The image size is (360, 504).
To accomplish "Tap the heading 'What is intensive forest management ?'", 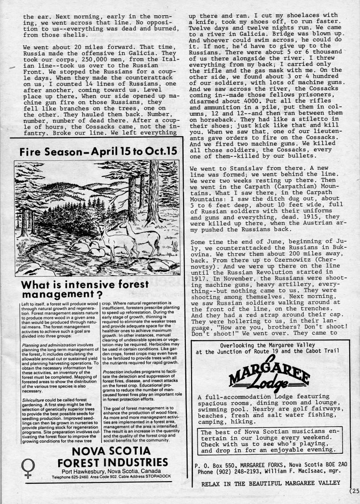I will pos(85,289).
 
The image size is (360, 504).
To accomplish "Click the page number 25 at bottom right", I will pos(355,490).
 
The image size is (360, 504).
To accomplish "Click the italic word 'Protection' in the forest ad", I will pos(114,371).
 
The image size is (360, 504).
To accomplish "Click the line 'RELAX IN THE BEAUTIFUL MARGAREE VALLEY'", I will pos(270,483).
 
